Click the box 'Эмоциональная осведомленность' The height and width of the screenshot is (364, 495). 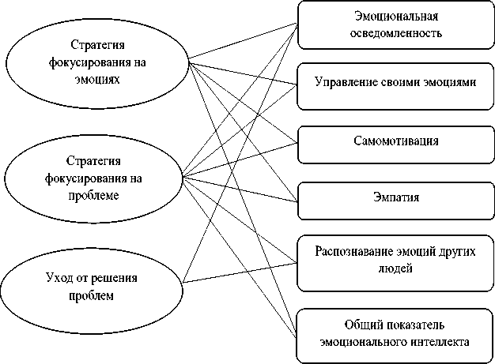click(x=395, y=24)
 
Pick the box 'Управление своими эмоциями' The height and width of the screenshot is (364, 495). click(x=395, y=81)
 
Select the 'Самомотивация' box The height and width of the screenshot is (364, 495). click(x=395, y=140)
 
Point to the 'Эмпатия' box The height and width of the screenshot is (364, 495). click(x=395, y=194)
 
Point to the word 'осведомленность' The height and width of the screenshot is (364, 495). click(x=396, y=33)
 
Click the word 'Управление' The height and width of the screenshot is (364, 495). click(x=343, y=81)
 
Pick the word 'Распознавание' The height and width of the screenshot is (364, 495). click(x=352, y=250)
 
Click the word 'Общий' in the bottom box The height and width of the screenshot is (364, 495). click(x=361, y=325)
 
